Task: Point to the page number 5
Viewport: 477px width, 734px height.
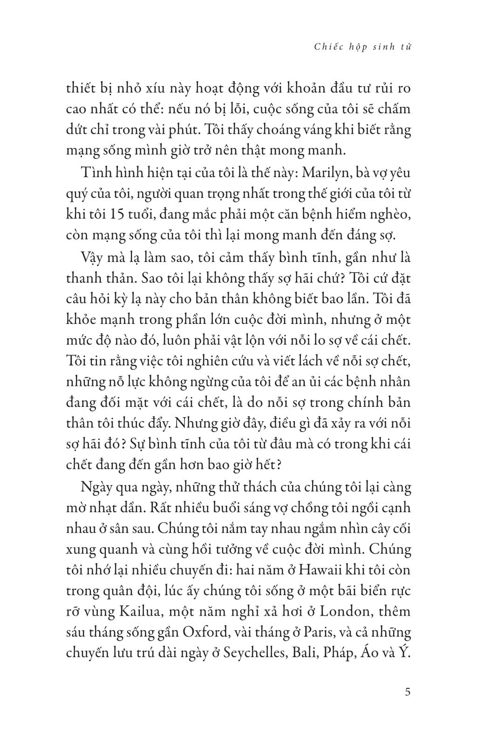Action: click(x=408, y=692)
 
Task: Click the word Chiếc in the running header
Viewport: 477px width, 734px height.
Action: click(x=326, y=47)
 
